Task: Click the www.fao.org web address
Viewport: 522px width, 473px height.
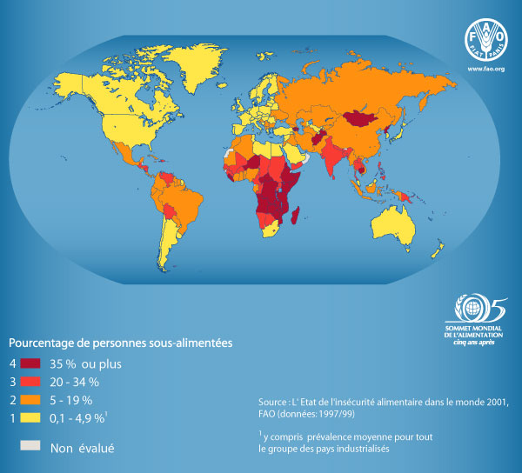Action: [x=485, y=70]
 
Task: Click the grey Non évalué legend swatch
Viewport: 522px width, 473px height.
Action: [x=30, y=446]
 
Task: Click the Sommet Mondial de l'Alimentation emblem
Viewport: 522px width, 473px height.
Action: [x=478, y=309]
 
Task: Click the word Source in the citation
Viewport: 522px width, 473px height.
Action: [x=274, y=403]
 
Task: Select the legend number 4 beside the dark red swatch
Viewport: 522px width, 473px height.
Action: [x=13, y=363]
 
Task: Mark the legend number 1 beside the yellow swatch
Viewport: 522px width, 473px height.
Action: [x=13, y=418]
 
